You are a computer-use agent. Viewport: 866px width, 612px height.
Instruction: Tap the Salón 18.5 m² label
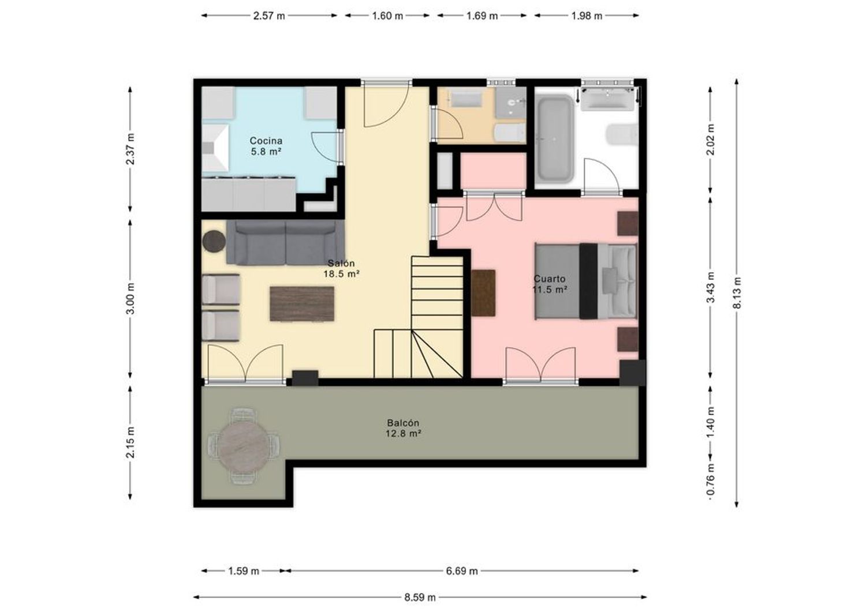(x=341, y=269)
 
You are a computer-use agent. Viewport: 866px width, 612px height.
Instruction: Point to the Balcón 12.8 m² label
(x=403, y=429)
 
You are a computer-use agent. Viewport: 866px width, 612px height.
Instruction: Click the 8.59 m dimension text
(x=420, y=598)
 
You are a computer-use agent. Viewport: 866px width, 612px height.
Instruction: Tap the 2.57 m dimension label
(x=269, y=16)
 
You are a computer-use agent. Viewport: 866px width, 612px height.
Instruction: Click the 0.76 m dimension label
(x=711, y=481)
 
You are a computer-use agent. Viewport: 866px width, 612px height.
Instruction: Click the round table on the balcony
(x=243, y=446)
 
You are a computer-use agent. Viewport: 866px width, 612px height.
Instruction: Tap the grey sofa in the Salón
(x=285, y=243)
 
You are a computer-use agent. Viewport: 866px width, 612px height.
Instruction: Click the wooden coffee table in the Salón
(x=302, y=303)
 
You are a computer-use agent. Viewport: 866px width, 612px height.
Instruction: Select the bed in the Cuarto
(x=585, y=281)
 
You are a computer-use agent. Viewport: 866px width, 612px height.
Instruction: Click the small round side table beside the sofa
(x=214, y=242)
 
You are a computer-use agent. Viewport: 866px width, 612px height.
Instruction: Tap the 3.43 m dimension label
(x=711, y=287)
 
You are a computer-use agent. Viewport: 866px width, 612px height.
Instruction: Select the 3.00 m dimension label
(x=130, y=298)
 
